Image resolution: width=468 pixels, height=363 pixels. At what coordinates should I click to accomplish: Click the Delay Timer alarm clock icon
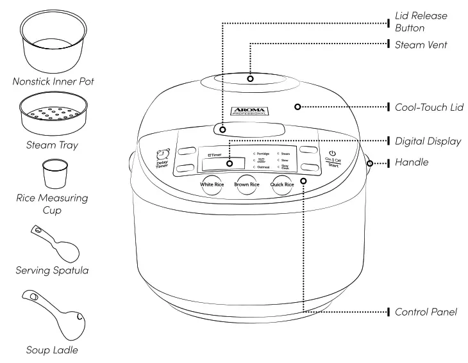162,154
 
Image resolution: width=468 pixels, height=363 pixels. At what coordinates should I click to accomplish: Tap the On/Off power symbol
331,153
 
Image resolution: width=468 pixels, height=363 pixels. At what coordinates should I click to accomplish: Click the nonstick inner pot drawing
53,44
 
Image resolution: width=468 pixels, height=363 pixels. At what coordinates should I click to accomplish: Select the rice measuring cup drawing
53,173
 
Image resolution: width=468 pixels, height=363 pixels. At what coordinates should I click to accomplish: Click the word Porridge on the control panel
263,154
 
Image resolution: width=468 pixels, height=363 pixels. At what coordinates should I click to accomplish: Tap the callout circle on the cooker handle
370,163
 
